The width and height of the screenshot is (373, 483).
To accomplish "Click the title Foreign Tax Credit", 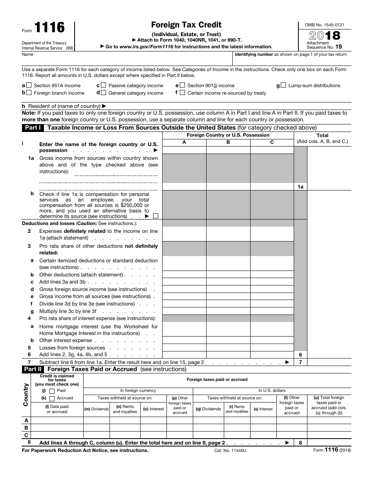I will tap(186, 25).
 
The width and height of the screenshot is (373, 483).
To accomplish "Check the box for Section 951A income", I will tap(29, 85).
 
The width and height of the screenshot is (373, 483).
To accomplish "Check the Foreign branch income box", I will tap(29, 93).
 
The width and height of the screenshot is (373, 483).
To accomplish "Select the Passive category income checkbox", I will tap(103, 85).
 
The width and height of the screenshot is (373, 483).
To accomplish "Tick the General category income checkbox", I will tap(103, 93).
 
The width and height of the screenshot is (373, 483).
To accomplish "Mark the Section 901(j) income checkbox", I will tap(182, 85).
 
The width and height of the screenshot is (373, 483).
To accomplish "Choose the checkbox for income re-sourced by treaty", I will tap(182, 93).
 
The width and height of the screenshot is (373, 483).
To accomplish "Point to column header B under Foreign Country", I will tap(228, 142).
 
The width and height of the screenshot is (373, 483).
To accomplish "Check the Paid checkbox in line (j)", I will tap(52, 391).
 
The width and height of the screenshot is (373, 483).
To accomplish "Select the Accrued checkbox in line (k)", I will tap(52, 398).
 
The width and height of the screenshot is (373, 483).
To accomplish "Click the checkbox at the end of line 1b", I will tap(156, 216).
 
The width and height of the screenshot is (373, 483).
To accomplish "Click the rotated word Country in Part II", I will tap(26, 394).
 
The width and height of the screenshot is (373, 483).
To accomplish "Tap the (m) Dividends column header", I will tap(97, 409).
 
